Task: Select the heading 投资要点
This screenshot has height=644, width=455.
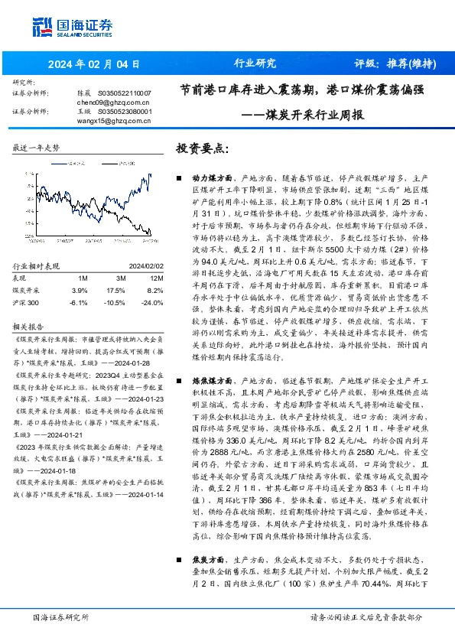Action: coord(202,148)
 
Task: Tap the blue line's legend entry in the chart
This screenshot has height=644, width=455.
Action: coord(73,163)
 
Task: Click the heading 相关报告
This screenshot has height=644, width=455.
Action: coord(28,304)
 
